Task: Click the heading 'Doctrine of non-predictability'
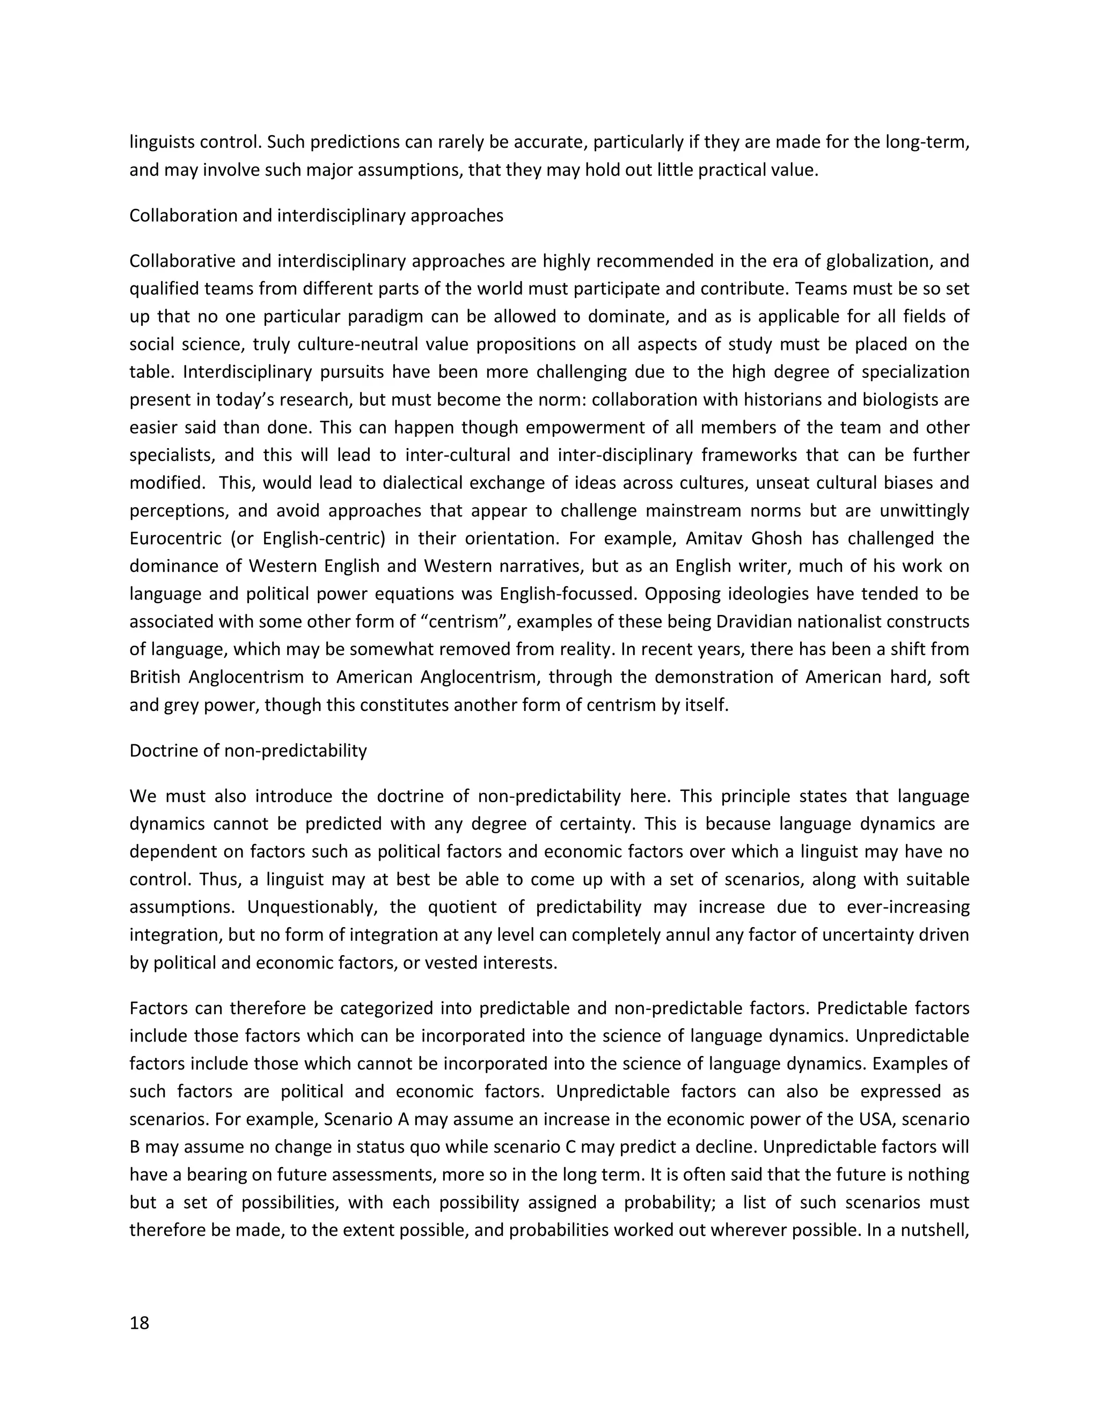coord(248,751)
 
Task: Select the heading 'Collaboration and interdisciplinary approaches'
coord(317,216)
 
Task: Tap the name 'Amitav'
coord(715,538)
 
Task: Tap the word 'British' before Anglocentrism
coord(155,677)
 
